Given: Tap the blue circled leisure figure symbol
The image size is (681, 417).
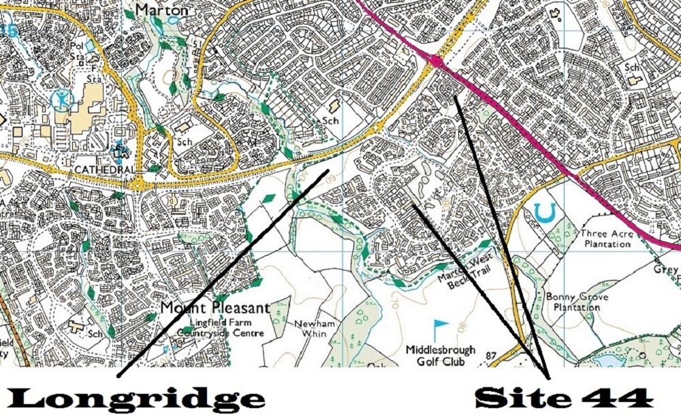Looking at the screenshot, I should click(61, 100).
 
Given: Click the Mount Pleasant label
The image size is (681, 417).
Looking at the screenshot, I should click(215, 308).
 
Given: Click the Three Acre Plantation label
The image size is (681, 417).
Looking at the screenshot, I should click(607, 238).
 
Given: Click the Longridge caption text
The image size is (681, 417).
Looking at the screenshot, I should click(136, 397).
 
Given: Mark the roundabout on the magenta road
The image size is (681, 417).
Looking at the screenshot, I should click(437, 63).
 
